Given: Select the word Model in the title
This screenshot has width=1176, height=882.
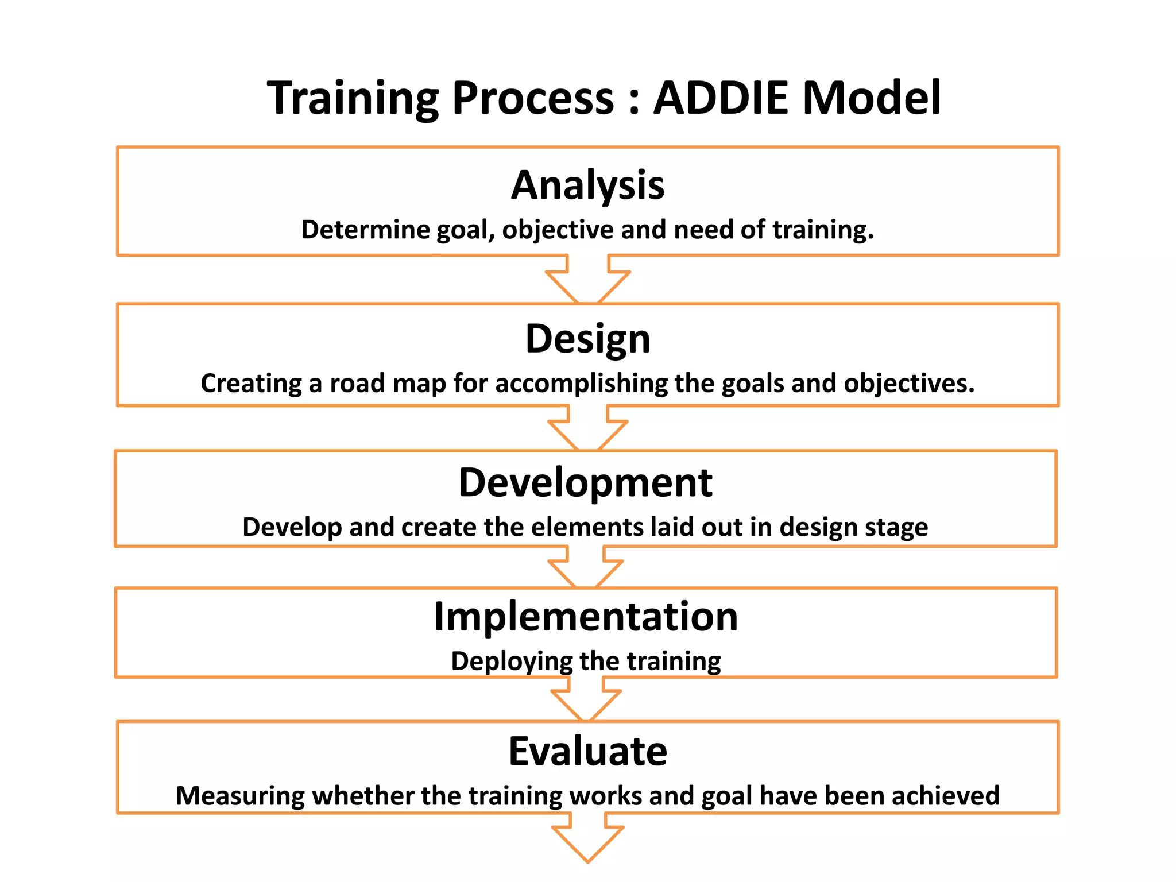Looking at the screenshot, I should tap(871, 98).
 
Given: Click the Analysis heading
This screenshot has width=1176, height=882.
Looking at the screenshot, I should tap(587, 185).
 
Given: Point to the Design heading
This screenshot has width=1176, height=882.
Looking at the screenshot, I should tap(587, 339).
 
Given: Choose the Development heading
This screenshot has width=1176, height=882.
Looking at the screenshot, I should tap(585, 482).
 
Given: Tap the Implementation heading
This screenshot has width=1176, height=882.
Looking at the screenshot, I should tap(586, 617).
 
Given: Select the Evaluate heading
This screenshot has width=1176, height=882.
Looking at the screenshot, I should tap(587, 751).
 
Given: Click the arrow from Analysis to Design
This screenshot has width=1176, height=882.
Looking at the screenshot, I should tap(587, 281).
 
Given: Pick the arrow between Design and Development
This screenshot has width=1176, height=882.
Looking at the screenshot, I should tap(587, 430).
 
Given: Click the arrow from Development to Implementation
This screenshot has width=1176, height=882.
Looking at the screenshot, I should tap(586, 568).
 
